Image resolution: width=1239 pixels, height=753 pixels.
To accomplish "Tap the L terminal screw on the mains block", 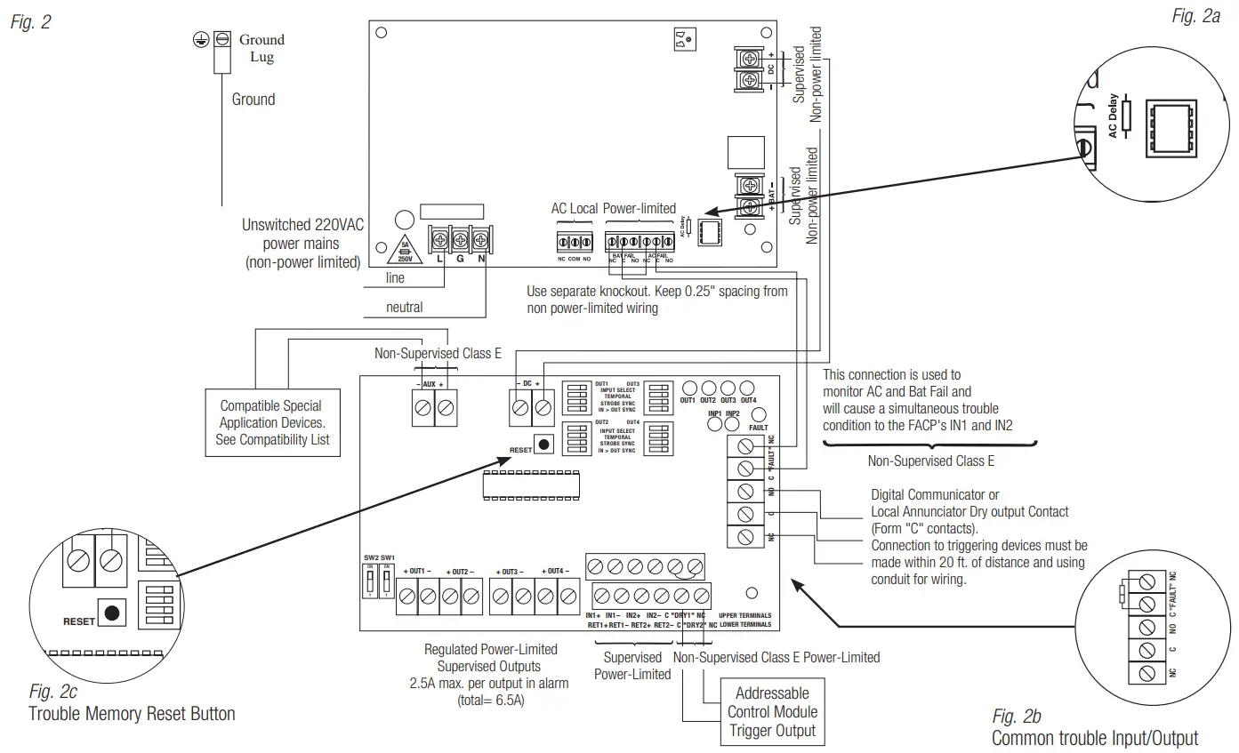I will (440, 239).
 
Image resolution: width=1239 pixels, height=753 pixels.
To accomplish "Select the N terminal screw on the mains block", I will (481, 239).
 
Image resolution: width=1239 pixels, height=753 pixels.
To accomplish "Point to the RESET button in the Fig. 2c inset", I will (111, 613).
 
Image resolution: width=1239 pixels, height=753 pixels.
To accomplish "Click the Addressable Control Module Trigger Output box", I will (771, 712).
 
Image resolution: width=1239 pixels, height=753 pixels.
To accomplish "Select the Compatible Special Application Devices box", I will (272, 422).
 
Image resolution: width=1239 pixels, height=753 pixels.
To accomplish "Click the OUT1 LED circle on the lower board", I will (688, 388).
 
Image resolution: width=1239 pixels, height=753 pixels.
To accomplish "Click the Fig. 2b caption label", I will (1017, 717).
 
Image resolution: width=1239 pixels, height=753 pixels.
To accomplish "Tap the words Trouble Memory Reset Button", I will (132, 713).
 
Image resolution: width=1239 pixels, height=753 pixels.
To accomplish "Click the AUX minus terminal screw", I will (423, 409).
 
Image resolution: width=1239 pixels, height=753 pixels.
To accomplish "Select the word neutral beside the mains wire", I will (404, 307).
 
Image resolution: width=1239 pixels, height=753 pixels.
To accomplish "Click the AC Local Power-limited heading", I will (613, 209).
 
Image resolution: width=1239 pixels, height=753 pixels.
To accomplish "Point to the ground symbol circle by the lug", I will (201, 39).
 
